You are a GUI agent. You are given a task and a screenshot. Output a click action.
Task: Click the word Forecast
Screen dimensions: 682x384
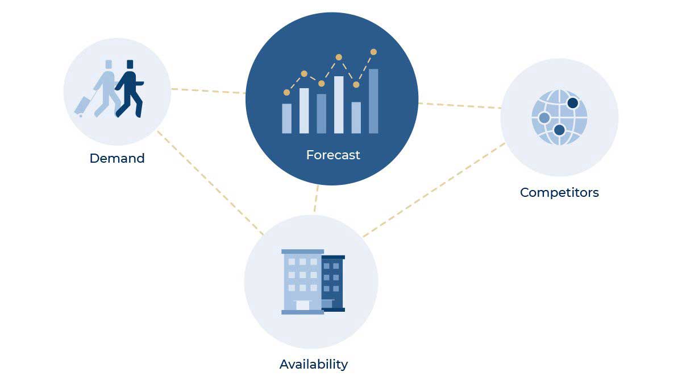point(333,155)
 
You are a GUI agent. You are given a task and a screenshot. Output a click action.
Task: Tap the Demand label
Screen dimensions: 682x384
point(117,158)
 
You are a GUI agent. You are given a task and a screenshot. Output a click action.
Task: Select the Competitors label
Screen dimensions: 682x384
point(559,193)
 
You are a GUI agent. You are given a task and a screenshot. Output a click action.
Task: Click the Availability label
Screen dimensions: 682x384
point(314,365)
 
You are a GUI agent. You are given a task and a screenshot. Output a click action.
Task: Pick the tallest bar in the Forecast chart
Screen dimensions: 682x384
point(373,101)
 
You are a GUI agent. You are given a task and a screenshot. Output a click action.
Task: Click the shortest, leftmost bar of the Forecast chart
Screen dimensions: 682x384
point(287,118)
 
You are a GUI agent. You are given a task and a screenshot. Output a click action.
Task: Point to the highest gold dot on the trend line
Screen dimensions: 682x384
point(373,52)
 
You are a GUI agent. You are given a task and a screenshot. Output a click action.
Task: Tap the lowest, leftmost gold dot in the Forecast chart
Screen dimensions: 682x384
point(286,92)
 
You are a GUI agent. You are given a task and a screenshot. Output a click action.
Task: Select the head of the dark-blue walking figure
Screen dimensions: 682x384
point(130,64)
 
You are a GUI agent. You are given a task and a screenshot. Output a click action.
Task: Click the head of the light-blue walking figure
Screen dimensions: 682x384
point(109,64)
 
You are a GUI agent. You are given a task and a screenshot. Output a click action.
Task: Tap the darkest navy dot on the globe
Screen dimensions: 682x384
point(573,103)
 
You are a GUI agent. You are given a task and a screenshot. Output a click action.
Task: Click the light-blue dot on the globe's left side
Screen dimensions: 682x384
point(544,118)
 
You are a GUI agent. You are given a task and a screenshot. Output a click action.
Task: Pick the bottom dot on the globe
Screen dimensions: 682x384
point(559,130)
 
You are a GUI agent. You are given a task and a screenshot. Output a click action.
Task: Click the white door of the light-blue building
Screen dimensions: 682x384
point(302,305)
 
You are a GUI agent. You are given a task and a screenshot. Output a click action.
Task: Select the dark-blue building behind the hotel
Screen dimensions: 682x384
point(332,283)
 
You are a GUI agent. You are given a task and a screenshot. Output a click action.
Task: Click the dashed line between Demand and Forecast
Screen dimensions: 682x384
point(208,91)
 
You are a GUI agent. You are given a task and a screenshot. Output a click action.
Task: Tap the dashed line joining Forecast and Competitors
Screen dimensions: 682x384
point(460,105)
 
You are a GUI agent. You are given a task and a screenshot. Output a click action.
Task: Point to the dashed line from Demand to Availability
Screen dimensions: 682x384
point(210,183)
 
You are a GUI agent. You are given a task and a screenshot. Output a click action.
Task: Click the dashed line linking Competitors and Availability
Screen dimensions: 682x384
point(434,189)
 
